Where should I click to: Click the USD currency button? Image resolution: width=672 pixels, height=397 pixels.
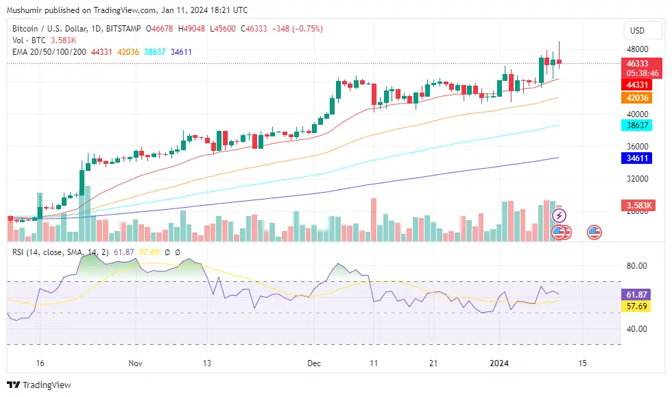click(x=637, y=31)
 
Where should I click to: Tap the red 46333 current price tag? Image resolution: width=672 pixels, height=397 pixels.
click(x=638, y=63)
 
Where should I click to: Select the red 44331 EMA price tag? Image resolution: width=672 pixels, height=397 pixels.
click(x=638, y=84)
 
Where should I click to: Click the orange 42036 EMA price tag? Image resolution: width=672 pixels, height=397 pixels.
click(x=638, y=98)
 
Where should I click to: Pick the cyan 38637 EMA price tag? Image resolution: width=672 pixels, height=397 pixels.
click(x=638, y=125)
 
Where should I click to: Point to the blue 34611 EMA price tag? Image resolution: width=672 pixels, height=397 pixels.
click(x=638, y=158)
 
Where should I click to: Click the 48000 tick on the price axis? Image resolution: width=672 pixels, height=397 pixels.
click(x=637, y=49)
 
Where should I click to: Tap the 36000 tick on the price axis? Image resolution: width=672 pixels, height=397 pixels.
click(x=637, y=147)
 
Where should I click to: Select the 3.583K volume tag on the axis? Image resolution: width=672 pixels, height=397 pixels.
click(x=638, y=205)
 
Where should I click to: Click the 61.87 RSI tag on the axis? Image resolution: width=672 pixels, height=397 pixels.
click(x=638, y=294)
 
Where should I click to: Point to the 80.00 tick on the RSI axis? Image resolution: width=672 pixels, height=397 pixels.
click(x=637, y=266)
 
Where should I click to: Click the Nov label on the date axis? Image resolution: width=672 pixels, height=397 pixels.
click(x=135, y=363)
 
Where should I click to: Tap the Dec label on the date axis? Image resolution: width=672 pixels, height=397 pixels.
click(x=314, y=363)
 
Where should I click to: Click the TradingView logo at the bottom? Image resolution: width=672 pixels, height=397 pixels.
click(x=39, y=385)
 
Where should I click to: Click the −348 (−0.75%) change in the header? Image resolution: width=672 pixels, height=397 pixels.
click(x=298, y=29)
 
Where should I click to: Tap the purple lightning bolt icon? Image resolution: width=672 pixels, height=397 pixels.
click(x=560, y=216)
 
